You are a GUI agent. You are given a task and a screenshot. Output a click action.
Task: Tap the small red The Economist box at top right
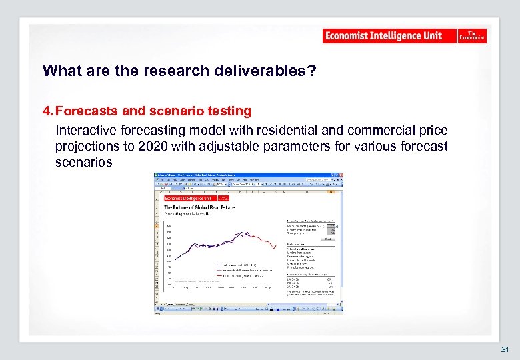472,36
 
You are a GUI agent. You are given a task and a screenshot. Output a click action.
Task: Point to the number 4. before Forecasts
49,111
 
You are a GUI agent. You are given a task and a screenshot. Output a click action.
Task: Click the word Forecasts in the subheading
86,111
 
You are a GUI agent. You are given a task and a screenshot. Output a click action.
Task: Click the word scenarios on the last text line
84,162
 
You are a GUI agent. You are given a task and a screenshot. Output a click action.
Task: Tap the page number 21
505,349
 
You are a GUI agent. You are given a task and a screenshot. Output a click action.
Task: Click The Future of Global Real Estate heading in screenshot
198,207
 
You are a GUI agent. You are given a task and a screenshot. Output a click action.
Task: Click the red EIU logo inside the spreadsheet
189,198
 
